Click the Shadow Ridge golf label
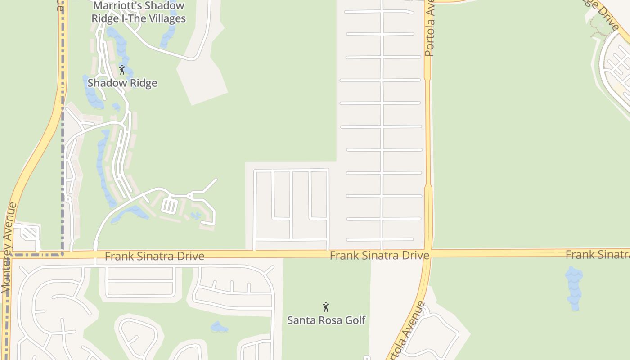122,83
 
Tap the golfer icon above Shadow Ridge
121,70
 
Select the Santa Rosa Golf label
326,320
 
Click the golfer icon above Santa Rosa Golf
326,307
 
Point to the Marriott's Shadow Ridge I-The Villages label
139,12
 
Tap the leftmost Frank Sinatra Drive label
154,256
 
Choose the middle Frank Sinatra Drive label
379,256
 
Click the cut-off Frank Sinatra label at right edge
597,255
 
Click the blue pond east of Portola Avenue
574,288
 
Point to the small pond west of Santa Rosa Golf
219,327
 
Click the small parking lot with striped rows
169,206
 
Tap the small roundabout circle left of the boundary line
68,199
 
